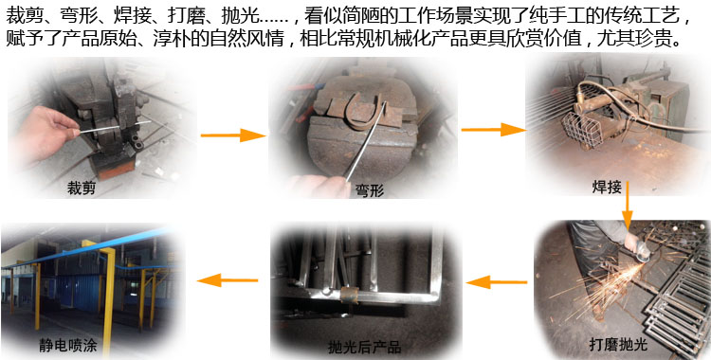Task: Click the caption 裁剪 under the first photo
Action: coord(82,188)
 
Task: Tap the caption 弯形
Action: coord(370,190)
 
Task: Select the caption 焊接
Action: coord(607,188)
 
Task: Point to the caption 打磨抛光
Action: coord(618,345)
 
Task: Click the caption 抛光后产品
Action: coord(364,348)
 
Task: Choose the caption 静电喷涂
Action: coord(68,346)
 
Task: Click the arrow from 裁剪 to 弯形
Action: coord(232,135)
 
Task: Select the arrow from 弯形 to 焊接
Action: coord(493,130)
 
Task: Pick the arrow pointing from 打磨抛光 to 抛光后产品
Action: coord(497,282)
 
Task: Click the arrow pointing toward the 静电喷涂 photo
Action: coord(228,280)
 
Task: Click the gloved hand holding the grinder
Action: coord(631,243)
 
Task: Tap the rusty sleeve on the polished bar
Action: coord(350,295)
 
